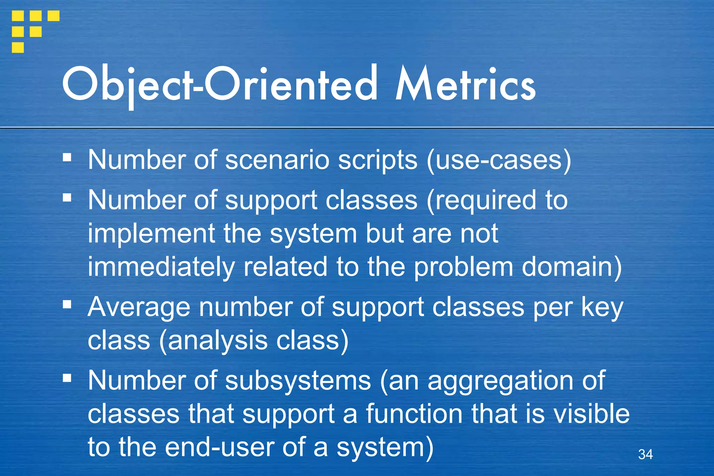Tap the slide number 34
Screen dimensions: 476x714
coord(645,454)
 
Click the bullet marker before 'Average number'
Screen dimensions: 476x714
coord(67,305)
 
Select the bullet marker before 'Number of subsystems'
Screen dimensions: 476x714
coord(67,378)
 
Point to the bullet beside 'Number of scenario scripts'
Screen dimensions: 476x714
coord(67,157)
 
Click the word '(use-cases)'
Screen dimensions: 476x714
coord(499,160)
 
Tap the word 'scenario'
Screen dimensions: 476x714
coord(277,160)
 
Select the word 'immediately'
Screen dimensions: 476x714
coord(161,267)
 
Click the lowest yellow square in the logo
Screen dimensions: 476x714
coord(18,47)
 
